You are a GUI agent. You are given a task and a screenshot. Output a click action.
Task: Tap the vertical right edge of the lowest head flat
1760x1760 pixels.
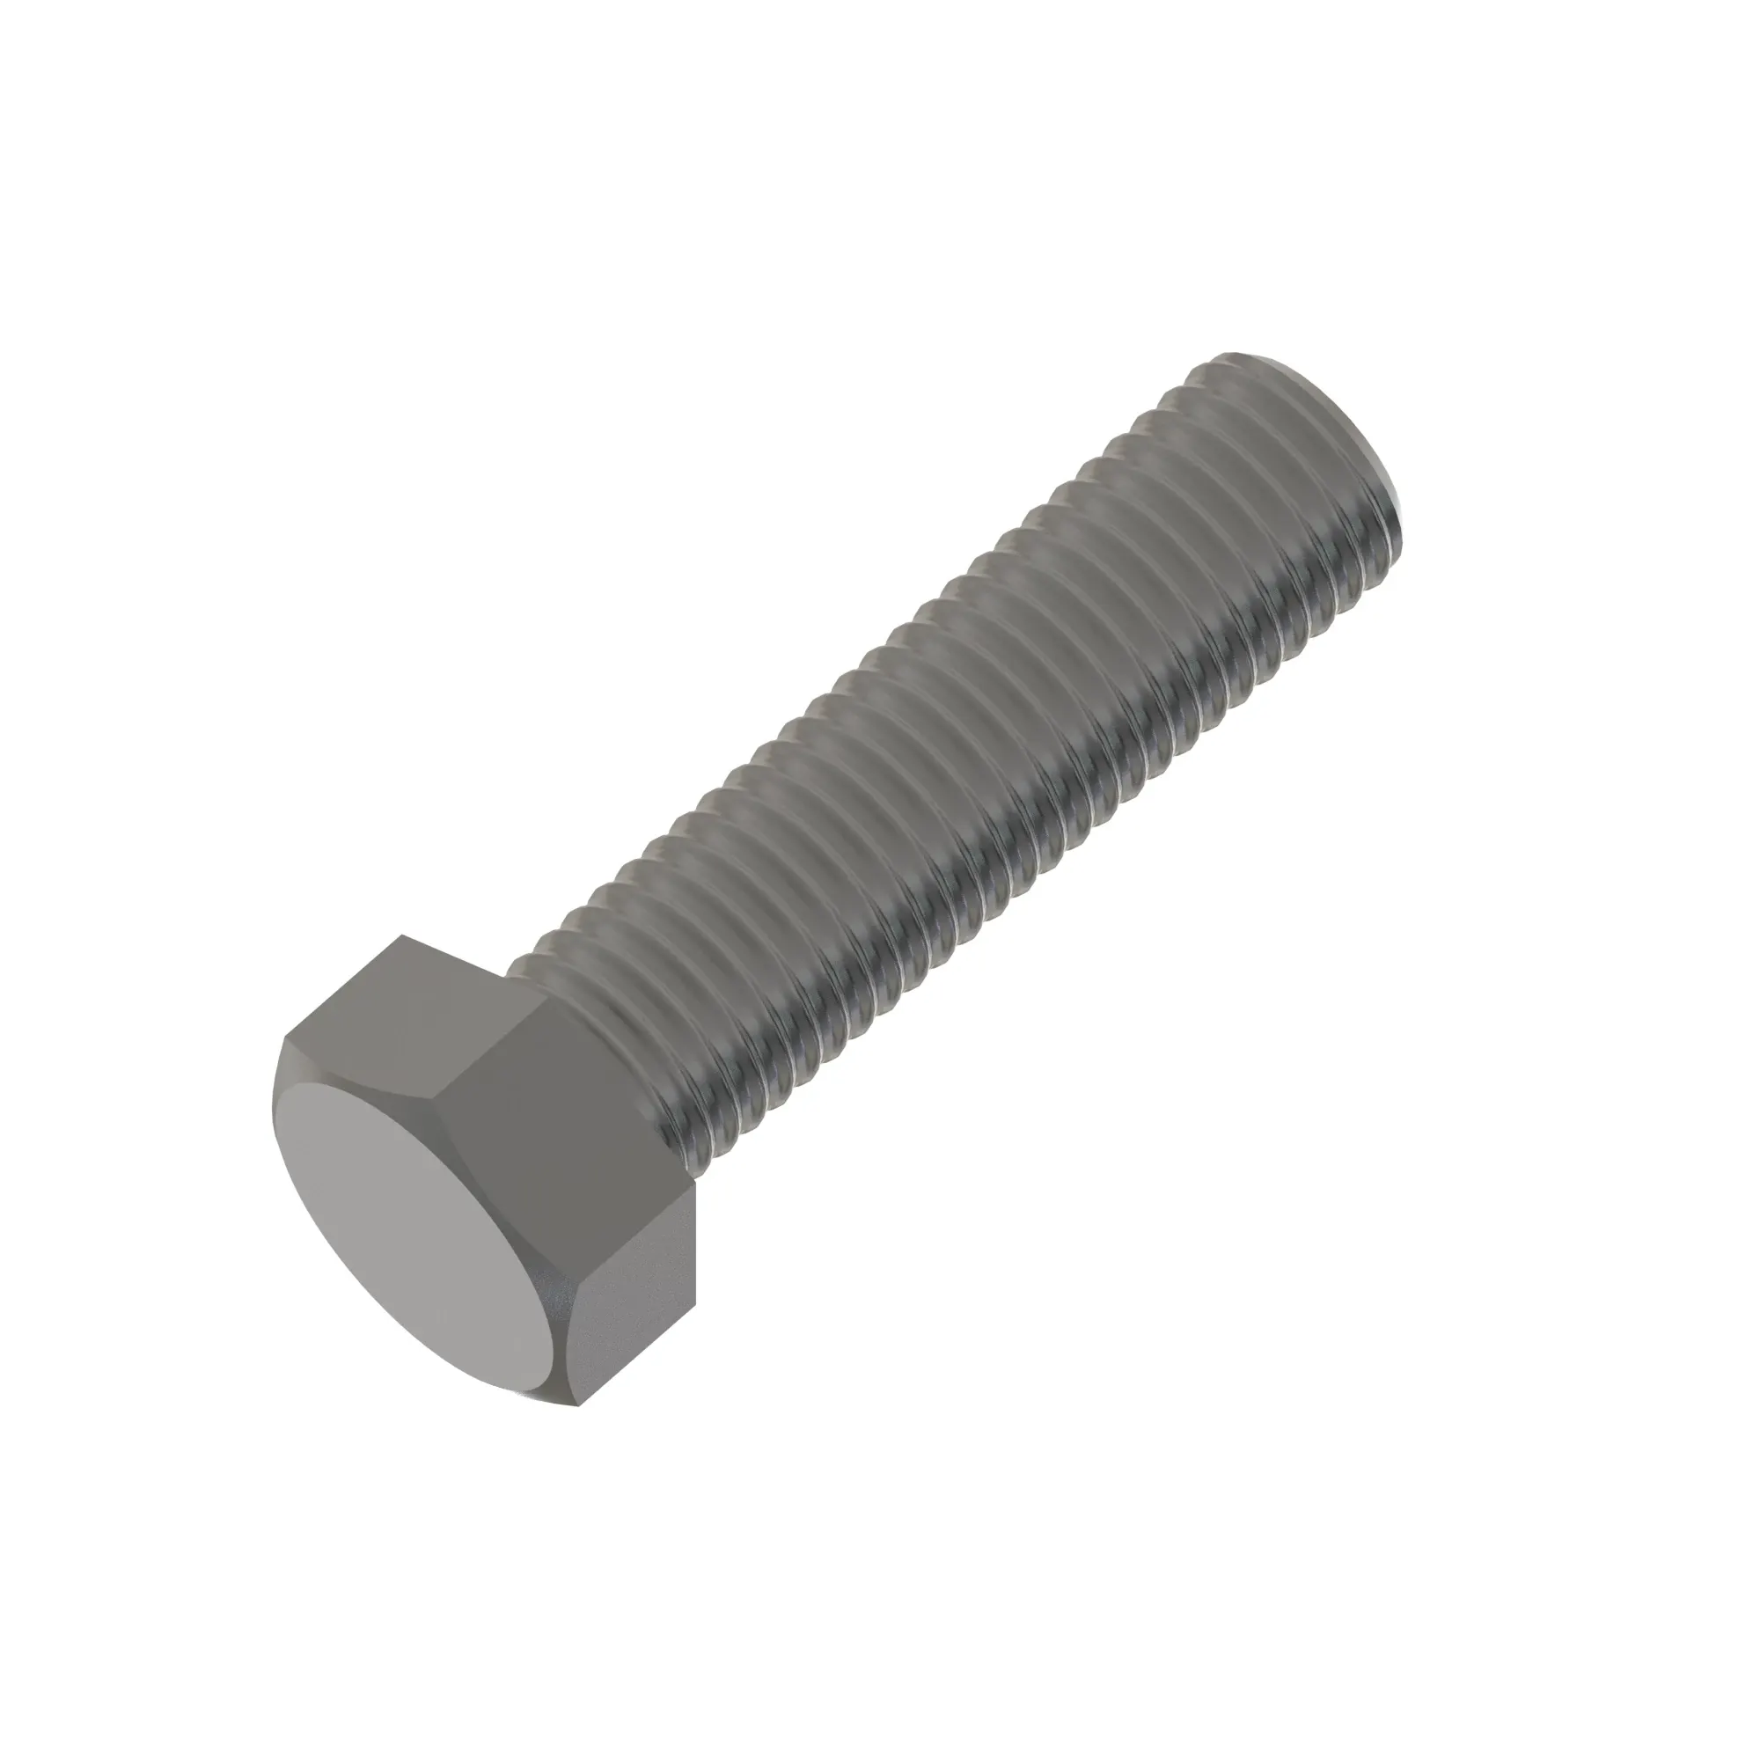[695, 1275]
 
